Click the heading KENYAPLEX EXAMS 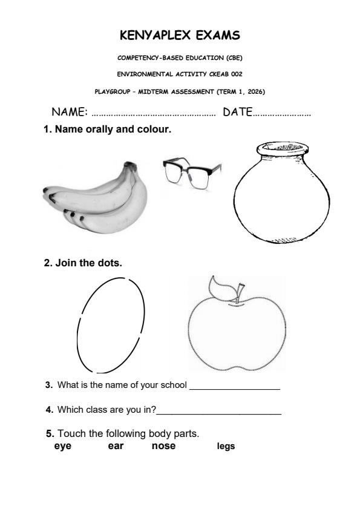coord(180,36)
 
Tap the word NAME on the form coord(69,112)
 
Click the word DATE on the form coord(237,112)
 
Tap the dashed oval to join coord(111,325)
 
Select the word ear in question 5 coord(116,446)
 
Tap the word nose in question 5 coord(163,446)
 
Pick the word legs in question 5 coord(226,447)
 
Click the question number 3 coord(48,385)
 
